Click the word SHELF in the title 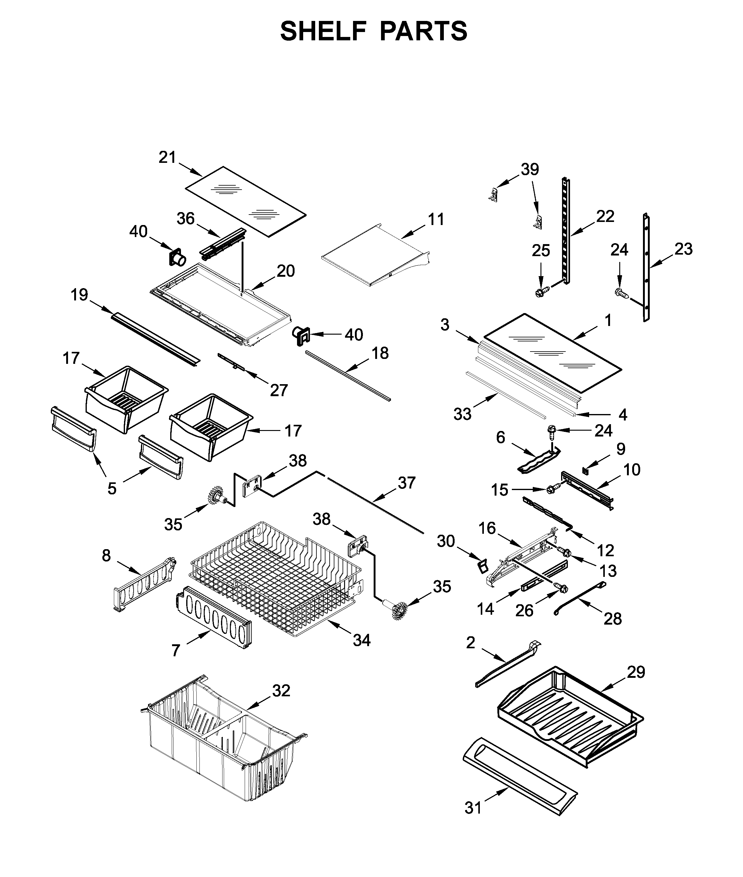[323, 31]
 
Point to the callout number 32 [281, 691]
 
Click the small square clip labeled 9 [585, 469]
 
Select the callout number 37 [407, 483]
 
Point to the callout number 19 [79, 295]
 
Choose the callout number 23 [684, 249]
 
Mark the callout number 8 [106, 555]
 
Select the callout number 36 [185, 218]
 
